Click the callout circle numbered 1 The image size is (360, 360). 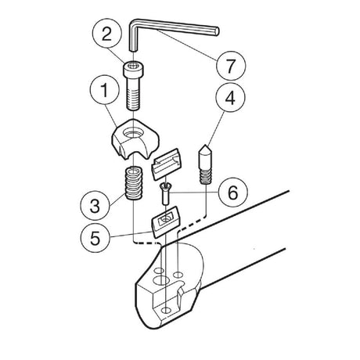pyautogui.click(x=105, y=90)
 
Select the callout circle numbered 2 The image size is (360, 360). pyautogui.click(x=107, y=34)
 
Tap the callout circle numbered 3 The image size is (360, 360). pyautogui.click(x=95, y=205)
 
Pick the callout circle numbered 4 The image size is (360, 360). pyautogui.click(x=230, y=98)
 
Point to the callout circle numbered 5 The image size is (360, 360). pyautogui.click(x=95, y=237)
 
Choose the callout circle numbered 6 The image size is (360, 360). pyautogui.click(x=232, y=193)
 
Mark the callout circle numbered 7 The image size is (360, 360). pyautogui.click(x=231, y=65)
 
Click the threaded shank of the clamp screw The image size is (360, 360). pyautogui.click(x=133, y=94)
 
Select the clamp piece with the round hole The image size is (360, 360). pyautogui.click(x=135, y=139)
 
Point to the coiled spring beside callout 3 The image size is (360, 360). pyautogui.click(x=134, y=183)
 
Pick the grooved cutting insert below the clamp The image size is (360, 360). pyautogui.click(x=167, y=164)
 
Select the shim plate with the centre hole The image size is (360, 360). pyautogui.click(x=166, y=221)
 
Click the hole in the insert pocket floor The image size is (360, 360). pyautogui.click(x=166, y=310)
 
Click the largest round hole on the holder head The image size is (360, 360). pyautogui.click(x=160, y=281)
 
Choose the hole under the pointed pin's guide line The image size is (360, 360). pyautogui.click(x=178, y=275)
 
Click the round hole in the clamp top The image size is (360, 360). pyautogui.click(x=133, y=133)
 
